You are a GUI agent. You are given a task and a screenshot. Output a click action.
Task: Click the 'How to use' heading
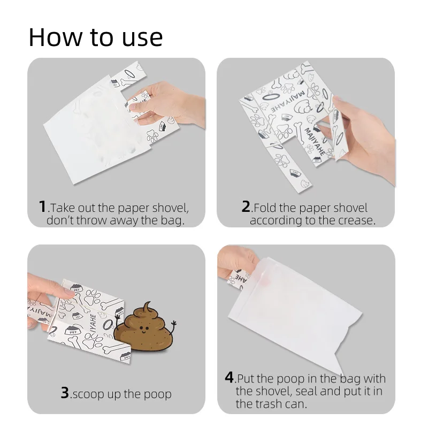tap(95, 37)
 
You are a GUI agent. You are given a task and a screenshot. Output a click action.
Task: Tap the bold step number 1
tap(42, 207)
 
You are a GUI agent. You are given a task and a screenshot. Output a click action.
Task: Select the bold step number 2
tap(246, 207)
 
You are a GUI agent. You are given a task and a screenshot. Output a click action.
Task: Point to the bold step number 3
tap(64, 393)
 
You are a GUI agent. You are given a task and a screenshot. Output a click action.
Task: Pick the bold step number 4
tap(229, 377)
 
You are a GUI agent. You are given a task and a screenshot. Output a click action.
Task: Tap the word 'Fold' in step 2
tap(264, 208)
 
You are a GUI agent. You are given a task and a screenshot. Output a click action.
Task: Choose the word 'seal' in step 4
tap(303, 391)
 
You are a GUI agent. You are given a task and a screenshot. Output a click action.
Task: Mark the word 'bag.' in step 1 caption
tap(172, 220)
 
